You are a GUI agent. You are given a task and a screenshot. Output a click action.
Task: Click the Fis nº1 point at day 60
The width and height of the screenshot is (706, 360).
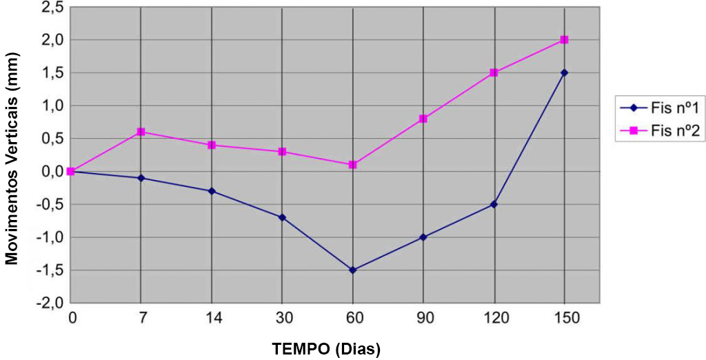(352, 270)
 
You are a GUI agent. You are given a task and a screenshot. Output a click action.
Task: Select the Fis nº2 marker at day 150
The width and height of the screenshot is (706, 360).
(564, 40)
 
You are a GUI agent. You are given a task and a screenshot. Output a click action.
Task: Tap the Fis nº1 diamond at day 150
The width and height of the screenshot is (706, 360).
(564, 72)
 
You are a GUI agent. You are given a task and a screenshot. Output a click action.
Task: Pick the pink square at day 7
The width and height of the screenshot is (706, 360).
(141, 132)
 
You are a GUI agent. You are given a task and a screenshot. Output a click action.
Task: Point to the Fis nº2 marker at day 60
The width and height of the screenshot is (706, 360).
(352, 165)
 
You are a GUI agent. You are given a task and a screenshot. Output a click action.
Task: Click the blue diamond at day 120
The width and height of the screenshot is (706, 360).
(494, 204)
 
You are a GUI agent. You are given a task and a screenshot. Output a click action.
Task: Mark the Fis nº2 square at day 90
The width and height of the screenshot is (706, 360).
(423, 119)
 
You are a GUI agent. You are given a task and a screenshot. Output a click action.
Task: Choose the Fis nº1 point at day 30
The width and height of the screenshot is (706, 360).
(282, 217)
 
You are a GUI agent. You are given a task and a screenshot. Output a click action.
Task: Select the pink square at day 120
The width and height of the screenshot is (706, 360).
(494, 72)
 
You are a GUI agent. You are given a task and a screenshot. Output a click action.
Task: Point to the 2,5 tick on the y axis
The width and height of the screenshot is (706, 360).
(53, 8)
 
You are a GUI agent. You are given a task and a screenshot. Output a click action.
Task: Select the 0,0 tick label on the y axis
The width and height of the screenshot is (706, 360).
(53, 172)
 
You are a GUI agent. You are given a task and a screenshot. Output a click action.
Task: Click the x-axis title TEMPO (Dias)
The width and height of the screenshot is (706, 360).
(327, 348)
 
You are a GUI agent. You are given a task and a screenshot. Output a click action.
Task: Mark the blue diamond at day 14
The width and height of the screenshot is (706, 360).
(211, 191)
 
